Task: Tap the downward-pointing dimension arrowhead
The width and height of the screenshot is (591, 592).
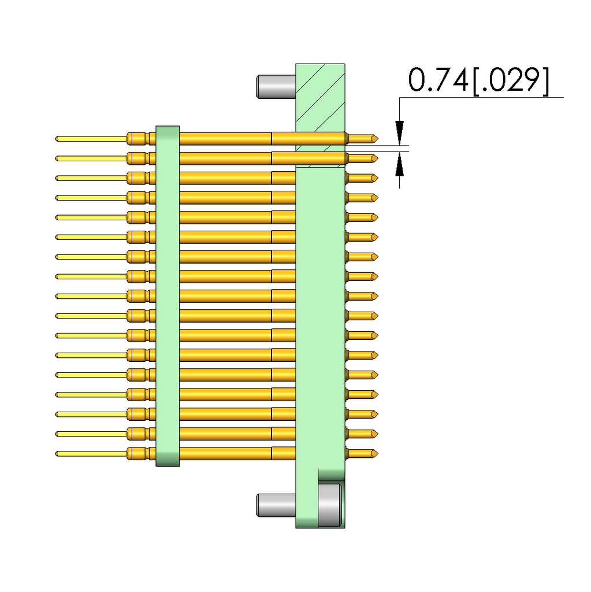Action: point(399,129)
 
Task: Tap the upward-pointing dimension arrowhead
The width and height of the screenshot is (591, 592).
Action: point(399,165)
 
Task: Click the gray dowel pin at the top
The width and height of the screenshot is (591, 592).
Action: point(275,86)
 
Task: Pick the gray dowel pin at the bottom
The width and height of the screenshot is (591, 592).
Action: point(275,505)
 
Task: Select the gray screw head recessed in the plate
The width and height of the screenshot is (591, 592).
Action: point(330,505)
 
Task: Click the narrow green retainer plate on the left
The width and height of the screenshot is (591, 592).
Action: point(168,295)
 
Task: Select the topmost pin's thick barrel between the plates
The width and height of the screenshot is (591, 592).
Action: point(225,139)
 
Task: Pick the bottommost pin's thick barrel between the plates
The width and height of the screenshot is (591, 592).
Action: point(225,453)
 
